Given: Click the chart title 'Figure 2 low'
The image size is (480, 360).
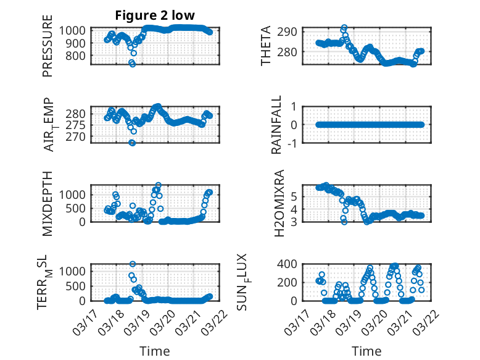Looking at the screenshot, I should point(155,15).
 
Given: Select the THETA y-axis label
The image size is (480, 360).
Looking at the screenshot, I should point(265,46).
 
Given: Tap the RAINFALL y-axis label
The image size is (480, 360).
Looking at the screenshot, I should point(278,125).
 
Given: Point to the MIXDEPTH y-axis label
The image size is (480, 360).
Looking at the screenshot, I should point(48,203).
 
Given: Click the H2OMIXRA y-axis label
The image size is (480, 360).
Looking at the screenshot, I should point(279,203).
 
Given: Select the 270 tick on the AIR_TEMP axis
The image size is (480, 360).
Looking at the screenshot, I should point(77,136).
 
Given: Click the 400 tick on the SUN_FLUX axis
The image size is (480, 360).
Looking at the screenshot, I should point(292,264).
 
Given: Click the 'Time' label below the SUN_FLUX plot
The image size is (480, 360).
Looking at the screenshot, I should point(366,351).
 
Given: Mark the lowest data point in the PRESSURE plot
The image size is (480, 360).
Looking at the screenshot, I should point(132,64).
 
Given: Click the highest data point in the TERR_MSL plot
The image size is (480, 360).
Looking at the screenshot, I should point(133,264).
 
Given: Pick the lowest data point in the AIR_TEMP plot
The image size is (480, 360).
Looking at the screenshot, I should point(132,143).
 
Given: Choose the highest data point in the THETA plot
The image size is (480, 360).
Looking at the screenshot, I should point(344,28).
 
